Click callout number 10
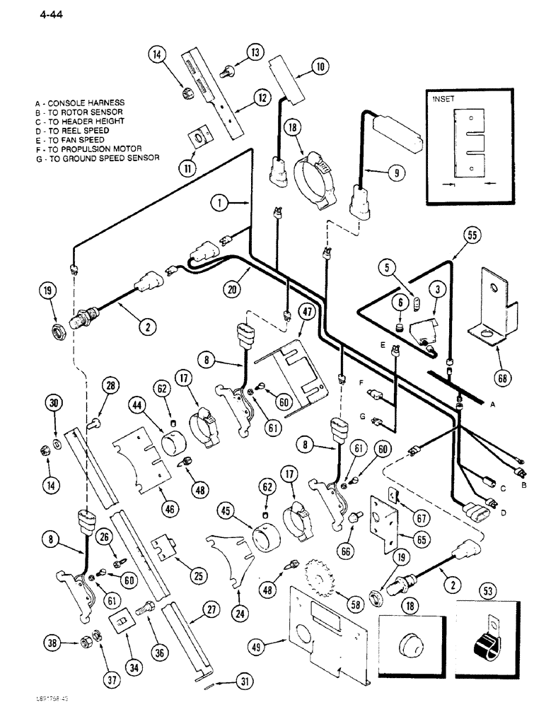click(321, 67)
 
